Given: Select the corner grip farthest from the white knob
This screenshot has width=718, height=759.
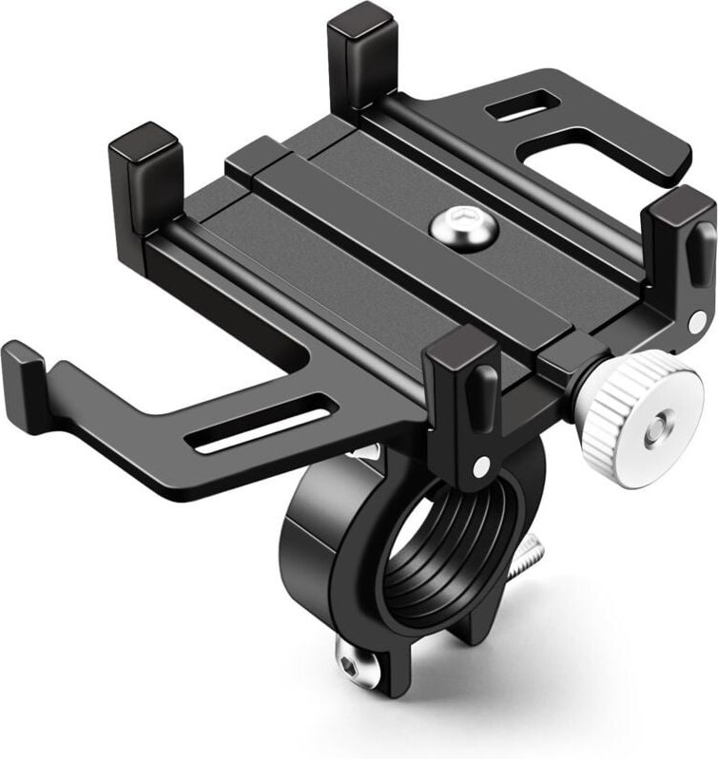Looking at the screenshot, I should click(x=145, y=175).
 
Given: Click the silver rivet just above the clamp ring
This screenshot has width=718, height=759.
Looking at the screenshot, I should click(x=480, y=465).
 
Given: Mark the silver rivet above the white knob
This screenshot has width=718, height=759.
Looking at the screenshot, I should click(x=697, y=323).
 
